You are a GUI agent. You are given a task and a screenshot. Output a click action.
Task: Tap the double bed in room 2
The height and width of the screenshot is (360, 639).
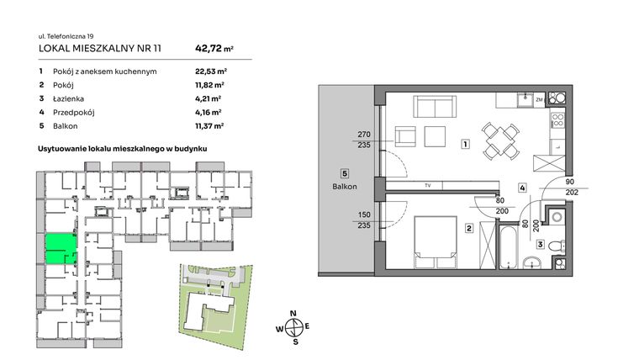pos(436,238)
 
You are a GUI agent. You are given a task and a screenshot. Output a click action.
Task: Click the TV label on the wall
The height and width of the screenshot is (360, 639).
pos(428,185)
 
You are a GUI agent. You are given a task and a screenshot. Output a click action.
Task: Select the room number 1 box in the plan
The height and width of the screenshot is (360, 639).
pos(465,145)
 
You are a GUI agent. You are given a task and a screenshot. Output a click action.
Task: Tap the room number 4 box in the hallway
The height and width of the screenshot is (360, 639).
pos(523,188)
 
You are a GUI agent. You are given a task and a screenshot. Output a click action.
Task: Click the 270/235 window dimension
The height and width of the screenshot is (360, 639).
pos(364,139)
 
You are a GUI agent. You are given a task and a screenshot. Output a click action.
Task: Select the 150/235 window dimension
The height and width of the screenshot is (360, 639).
pos(364,220)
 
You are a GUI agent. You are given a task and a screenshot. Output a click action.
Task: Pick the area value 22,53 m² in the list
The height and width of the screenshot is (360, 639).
pos(209,71)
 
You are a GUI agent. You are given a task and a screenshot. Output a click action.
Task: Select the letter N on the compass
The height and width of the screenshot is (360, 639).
pos(293,315)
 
